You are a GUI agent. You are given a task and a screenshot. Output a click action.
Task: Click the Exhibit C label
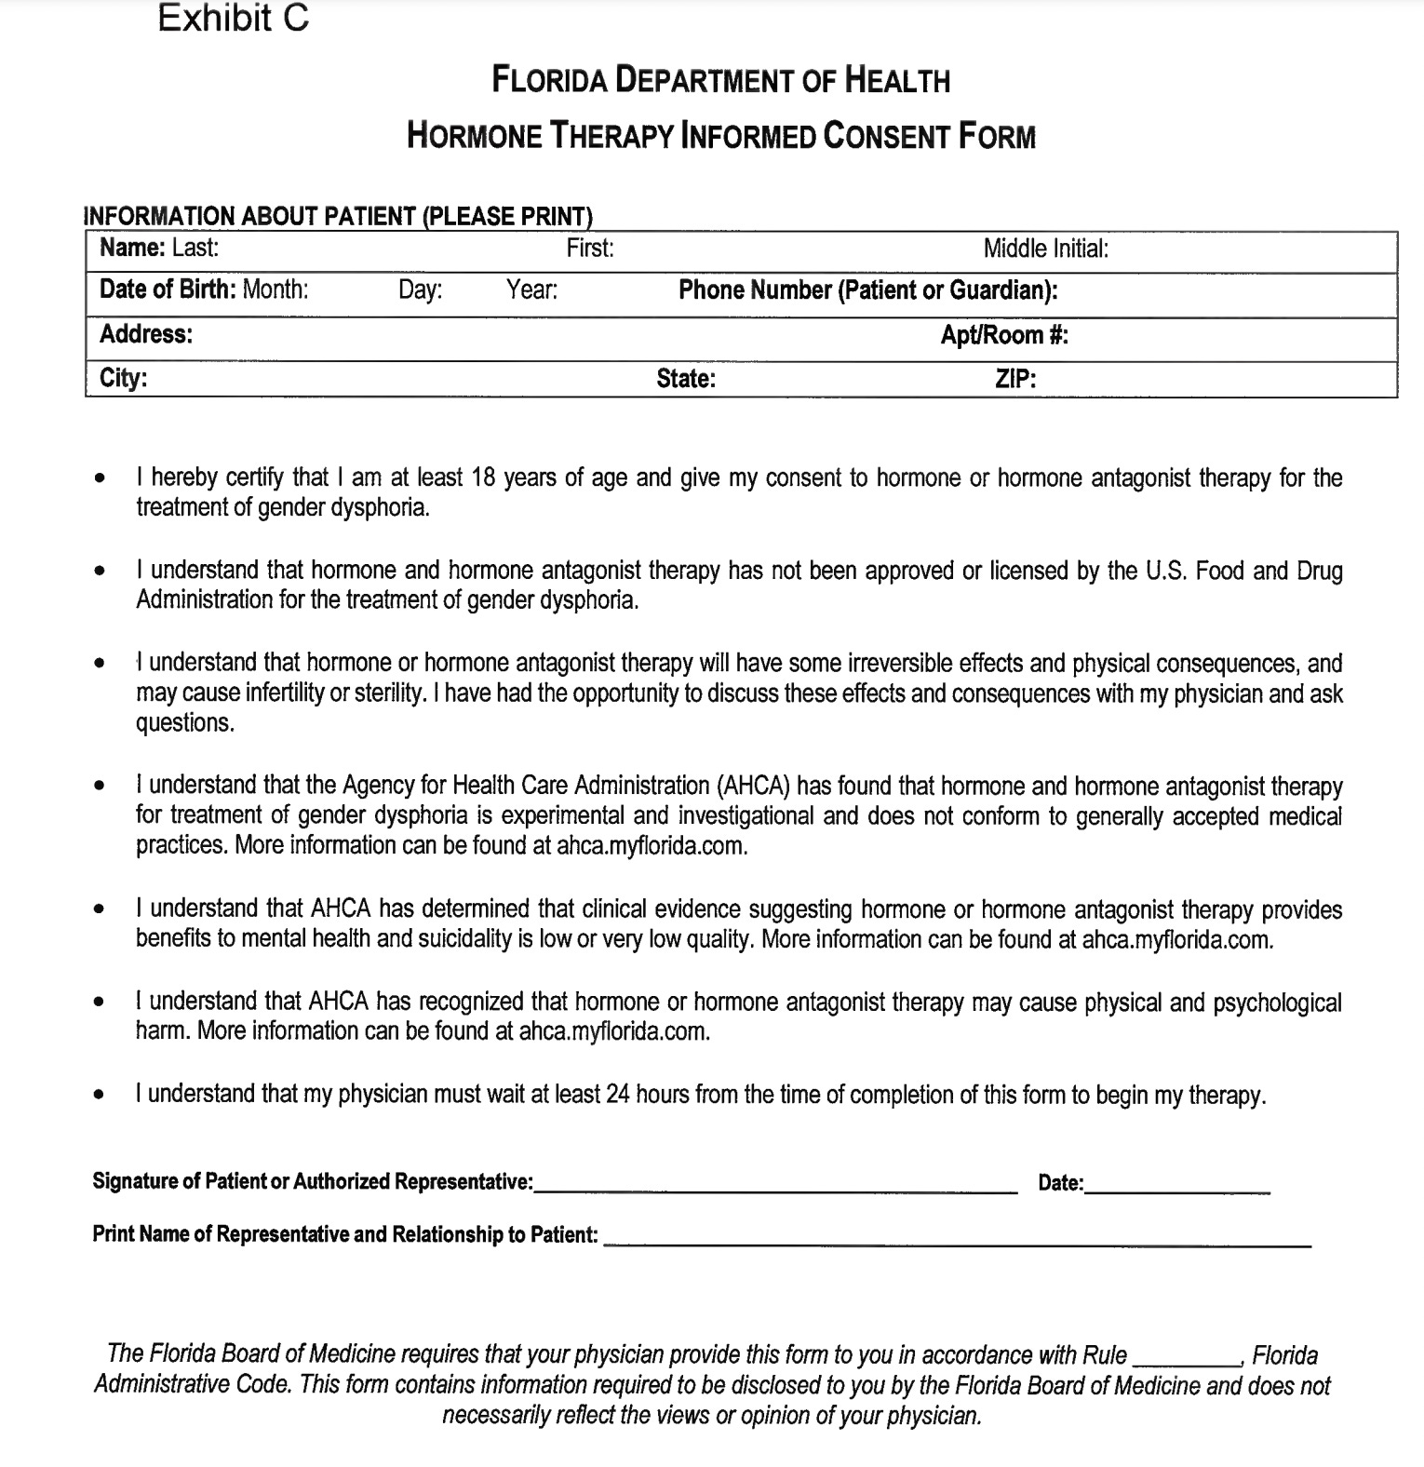[233, 18]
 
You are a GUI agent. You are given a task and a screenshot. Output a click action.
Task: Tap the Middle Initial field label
[1045, 249]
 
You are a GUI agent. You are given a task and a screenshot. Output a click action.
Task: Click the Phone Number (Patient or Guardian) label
[867, 290]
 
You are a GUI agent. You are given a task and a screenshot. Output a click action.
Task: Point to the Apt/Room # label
[1003, 335]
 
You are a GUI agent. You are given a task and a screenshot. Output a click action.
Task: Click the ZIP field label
[1015, 379]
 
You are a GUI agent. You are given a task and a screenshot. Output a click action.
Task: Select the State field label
[685, 379]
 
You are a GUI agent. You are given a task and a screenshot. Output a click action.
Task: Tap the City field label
[123, 378]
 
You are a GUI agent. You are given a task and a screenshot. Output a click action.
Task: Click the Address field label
[146, 334]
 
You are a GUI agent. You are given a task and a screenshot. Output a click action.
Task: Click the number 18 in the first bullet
[483, 478]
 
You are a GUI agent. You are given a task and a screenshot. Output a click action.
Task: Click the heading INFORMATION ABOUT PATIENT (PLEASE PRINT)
[338, 216]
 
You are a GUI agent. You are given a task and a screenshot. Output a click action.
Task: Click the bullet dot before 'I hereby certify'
[99, 479]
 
